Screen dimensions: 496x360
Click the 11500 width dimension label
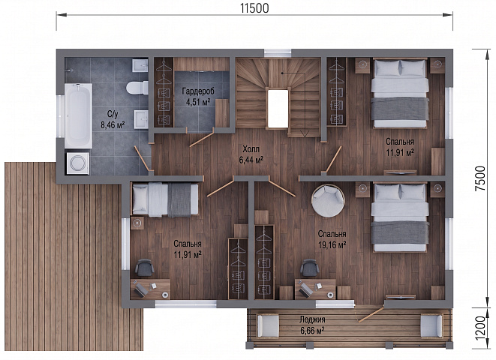click(x=254, y=8)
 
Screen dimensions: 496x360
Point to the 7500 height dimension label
click(x=480, y=178)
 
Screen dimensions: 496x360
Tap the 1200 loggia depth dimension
click(x=480, y=328)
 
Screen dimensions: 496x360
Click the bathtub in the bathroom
click(x=78, y=115)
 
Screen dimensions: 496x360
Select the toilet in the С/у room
click(x=137, y=88)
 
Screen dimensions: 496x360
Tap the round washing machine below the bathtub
click(x=78, y=163)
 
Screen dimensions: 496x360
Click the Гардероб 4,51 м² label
click(x=198, y=97)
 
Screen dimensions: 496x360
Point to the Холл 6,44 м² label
click(x=251, y=154)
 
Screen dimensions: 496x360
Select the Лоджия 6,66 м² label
click(x=312, y=325)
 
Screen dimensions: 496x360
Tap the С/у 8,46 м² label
click(x=113, y=119)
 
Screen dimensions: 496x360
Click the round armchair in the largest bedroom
click(x=328, y=201)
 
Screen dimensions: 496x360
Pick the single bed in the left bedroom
click(x=165, y=199)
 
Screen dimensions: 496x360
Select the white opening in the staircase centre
click(x=278, y=109)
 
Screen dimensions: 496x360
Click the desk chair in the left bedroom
click(x=145, y=268)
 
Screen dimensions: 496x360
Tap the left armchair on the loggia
click(x=268, y=325)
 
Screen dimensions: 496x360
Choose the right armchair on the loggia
click(x=431, y=325)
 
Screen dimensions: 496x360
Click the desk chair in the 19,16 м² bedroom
click(x=310, y=268)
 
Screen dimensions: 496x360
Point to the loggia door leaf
click(x=371, y=314)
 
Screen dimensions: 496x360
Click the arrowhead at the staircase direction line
click(x=305, y=134)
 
